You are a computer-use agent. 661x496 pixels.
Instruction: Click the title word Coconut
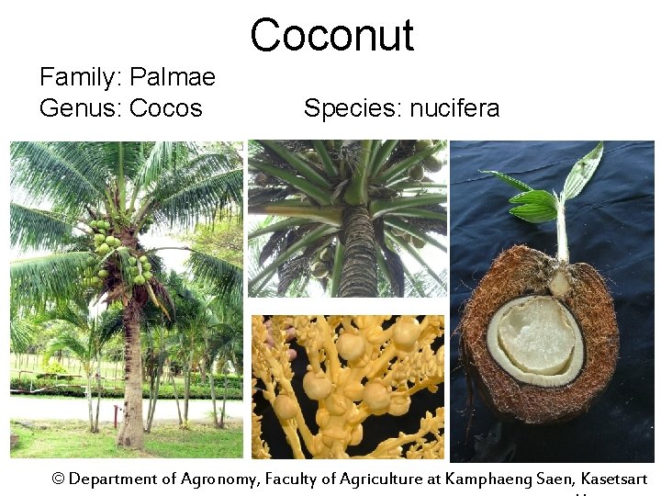tap(331, 35)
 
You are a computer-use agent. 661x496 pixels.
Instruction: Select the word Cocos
tap(165, 108)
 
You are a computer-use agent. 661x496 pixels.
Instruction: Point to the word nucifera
tap(454, 108)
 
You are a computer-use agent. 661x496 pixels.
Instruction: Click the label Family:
tap(81, 77)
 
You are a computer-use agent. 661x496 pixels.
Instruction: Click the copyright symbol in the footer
tap(59, 479)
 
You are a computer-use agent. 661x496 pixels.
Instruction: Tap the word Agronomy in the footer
tap(219, 479)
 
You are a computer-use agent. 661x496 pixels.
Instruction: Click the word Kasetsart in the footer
tap(614, 479)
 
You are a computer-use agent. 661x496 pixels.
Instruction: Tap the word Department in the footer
tap(114, 479)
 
